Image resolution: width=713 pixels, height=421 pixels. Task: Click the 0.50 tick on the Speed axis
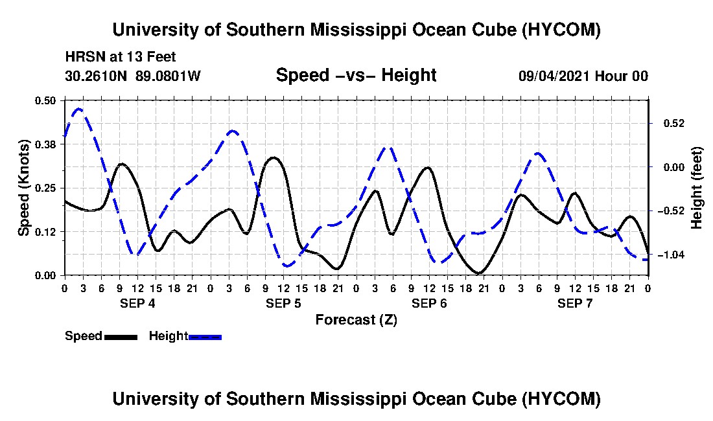coord(45,100)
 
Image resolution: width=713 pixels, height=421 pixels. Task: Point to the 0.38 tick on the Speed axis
coord(45,144)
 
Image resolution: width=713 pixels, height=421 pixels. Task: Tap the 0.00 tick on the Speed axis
coord(45,276)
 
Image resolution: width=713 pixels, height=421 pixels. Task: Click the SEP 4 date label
coord(138,303)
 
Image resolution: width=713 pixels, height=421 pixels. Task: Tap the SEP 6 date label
coord(429,303)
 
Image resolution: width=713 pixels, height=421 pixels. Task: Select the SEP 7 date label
coord(575,303)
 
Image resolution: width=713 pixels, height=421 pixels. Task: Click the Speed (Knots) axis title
coord(23,188)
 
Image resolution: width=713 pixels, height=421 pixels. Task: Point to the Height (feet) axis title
coord(696,188)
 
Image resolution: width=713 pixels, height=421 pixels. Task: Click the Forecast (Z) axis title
coord(356,320)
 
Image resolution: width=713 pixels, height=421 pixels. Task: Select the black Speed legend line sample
coord(121,337)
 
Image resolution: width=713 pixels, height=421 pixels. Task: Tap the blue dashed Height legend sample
coord(205,337)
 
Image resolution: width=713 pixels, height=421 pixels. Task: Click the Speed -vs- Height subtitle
coord(356,75)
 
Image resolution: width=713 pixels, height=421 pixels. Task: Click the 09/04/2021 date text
coord(555,76)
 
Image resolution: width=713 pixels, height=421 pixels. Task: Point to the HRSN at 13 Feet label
coord(121,57)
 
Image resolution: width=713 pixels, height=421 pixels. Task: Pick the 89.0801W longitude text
coord(168,76)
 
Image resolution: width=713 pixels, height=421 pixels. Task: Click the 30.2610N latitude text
coord(96,76)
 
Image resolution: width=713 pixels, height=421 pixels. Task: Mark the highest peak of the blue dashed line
coord(78,109)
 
